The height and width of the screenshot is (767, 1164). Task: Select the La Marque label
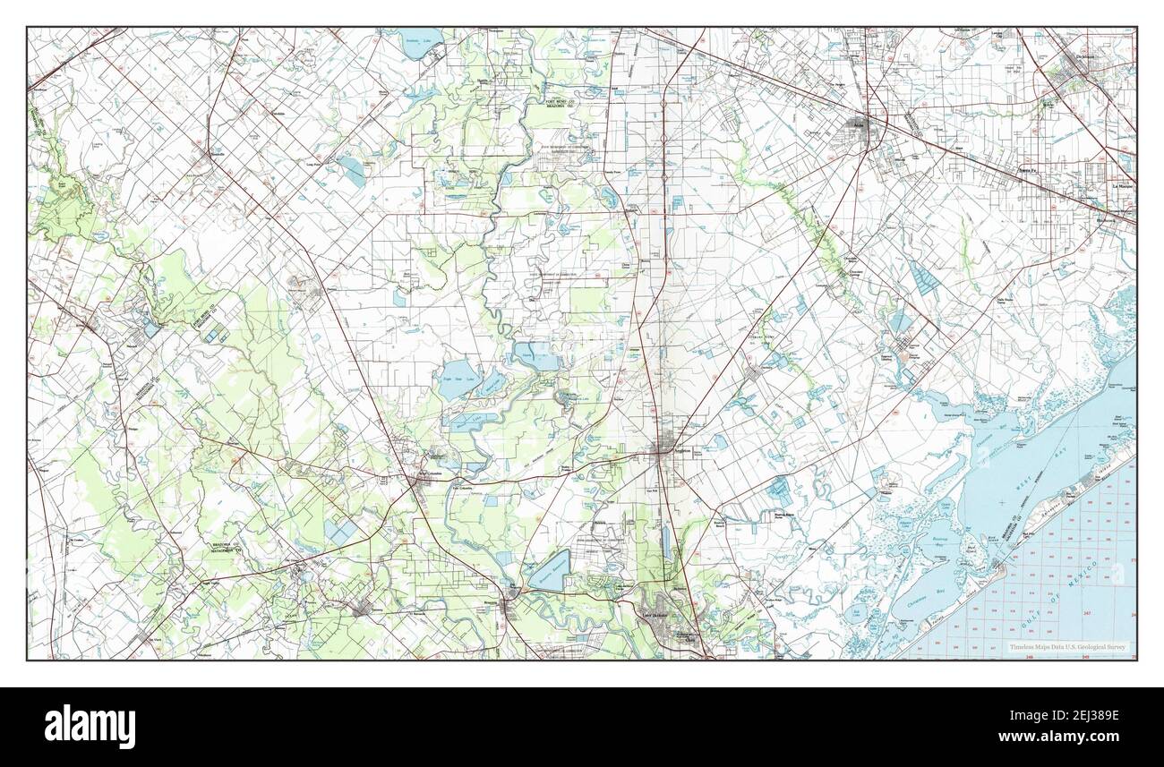(x=1122, y=186)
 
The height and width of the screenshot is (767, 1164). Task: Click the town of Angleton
(x=663, y=452)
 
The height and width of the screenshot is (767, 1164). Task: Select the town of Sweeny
(x=362, y=610)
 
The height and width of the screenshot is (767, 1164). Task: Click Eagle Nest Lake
(x=456, y=374)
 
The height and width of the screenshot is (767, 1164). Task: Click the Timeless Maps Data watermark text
(x=1067, y=647)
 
